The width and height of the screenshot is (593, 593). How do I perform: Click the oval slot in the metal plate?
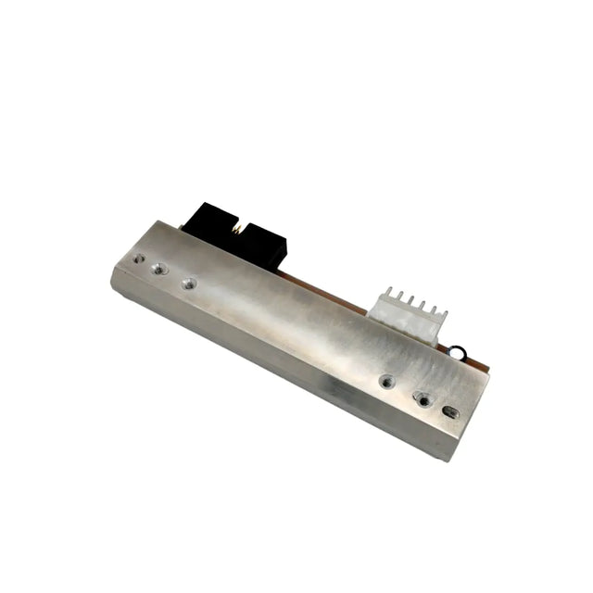[x=451, y=410]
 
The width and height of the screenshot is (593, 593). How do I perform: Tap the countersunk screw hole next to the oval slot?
[x=423, y=398]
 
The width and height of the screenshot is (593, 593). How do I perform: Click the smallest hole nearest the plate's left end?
[x=138, y=259]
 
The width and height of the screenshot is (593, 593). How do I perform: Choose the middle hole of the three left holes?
[x=159, y=269]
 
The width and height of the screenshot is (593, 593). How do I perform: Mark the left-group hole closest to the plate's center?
[x=189, y=283]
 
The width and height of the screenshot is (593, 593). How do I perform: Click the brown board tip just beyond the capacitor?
[x=481, y=365]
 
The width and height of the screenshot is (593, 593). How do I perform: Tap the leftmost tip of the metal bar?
[x=111, y=270]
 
